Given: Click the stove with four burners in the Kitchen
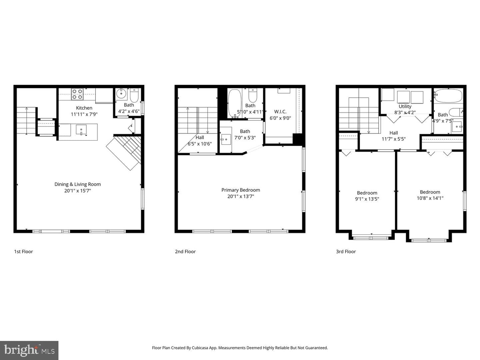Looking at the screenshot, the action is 77,94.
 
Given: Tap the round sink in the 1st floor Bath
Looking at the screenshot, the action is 121,94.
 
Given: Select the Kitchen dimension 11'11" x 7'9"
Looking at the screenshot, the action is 84,114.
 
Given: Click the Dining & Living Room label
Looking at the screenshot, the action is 78,184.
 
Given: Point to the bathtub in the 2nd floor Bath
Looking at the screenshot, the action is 234,103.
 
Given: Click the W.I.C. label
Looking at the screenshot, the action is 280,112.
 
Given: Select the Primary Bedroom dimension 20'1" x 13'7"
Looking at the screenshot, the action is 241,196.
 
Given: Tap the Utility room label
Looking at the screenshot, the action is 405,106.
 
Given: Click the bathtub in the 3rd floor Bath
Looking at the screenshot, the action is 449,96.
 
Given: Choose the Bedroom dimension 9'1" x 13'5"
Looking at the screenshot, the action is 367,199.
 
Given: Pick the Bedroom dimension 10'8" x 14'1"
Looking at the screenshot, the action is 430,198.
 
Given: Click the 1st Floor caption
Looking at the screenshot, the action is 23,252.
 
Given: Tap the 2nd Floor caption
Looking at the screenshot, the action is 185,252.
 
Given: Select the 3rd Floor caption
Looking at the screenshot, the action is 346,252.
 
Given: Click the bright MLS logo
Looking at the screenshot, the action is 29,350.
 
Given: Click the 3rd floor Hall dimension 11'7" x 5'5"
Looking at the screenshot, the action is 394,139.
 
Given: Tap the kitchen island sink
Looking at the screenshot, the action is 81,130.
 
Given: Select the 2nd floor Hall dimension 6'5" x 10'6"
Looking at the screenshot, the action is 200,144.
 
